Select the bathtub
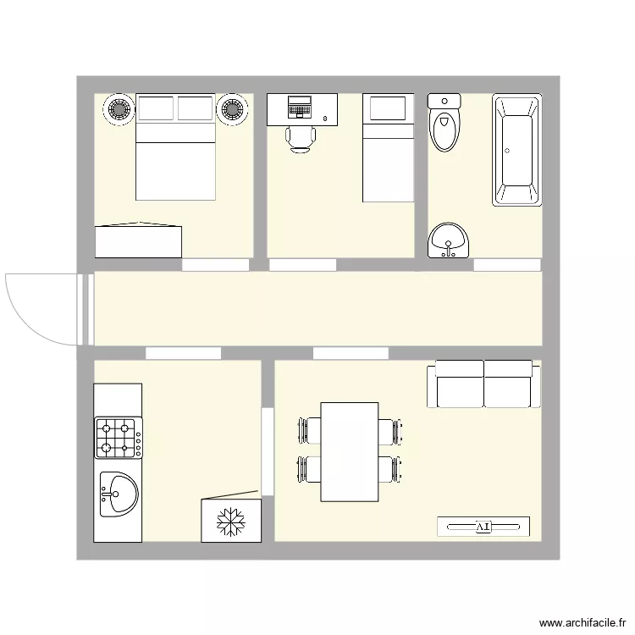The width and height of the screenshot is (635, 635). [x=516, y=151]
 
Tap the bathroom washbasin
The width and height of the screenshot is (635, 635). [x=448, y=240]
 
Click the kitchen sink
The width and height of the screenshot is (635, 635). [x=119, y=494]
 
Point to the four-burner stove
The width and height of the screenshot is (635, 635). [x=119, y=437]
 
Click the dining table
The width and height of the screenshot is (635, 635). [x=349, y=451]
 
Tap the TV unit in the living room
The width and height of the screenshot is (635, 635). [x=483, y=526]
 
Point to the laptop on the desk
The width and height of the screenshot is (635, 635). [x=300, y=107]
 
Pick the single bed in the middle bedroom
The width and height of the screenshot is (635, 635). [x=388, y=148]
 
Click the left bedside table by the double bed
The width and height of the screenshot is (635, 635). [x=119, y=109]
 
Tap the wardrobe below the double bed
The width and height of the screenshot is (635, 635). [x=139, y=240]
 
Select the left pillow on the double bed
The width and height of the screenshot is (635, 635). [x=155, y=108]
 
